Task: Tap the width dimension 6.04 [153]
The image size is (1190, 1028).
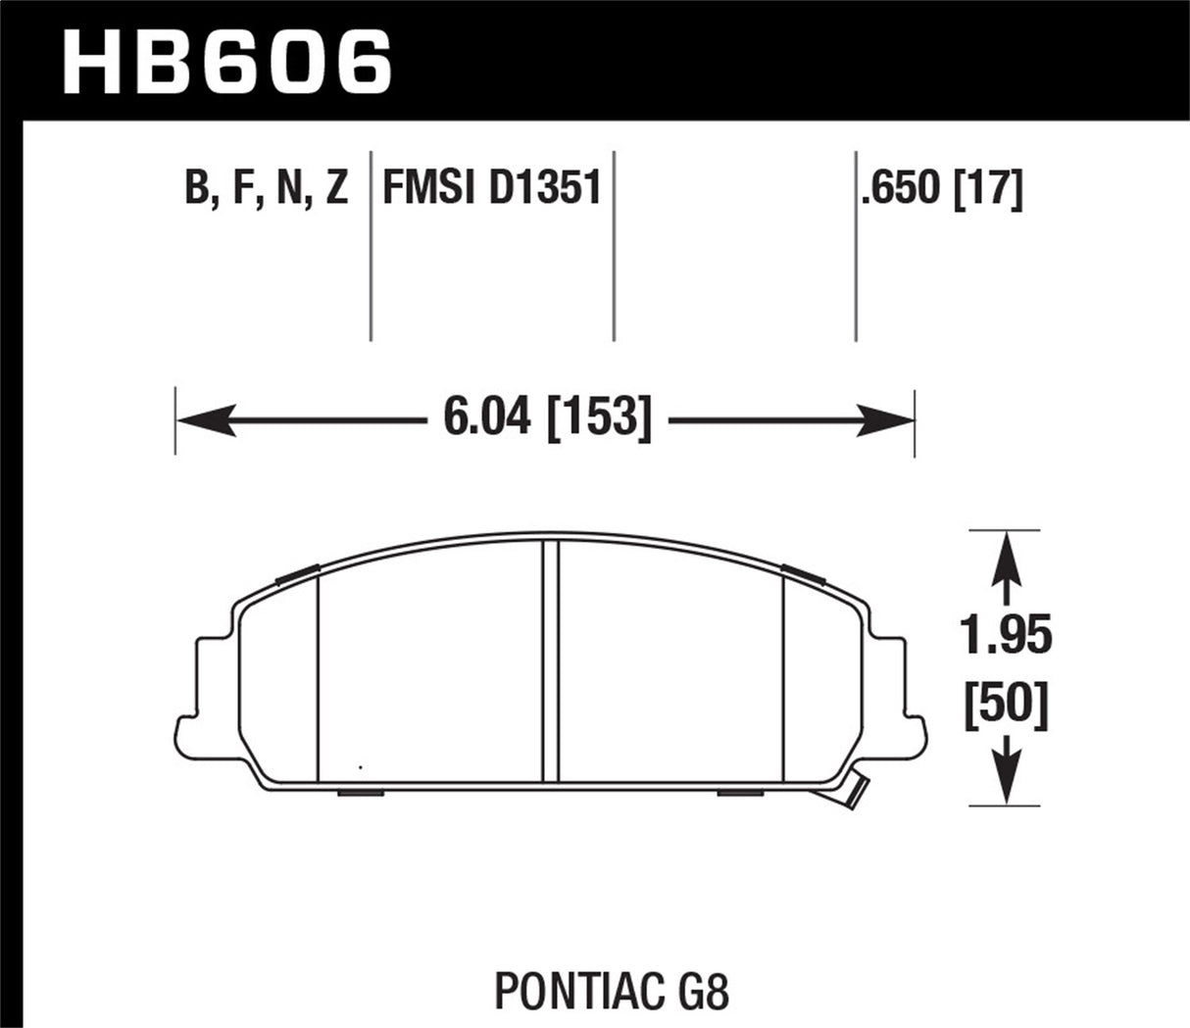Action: point(547,420)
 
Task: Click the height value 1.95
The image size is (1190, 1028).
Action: point(1007,637)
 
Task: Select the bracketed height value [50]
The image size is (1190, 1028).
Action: point(1007,706)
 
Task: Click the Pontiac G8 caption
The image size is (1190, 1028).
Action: point(612,992)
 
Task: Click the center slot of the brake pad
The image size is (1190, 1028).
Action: point(550,661)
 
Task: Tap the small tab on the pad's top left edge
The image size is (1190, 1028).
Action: point(297,575)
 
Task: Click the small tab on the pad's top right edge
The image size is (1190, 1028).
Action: point(802,573)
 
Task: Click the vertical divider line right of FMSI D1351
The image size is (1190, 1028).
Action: point(614,245)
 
